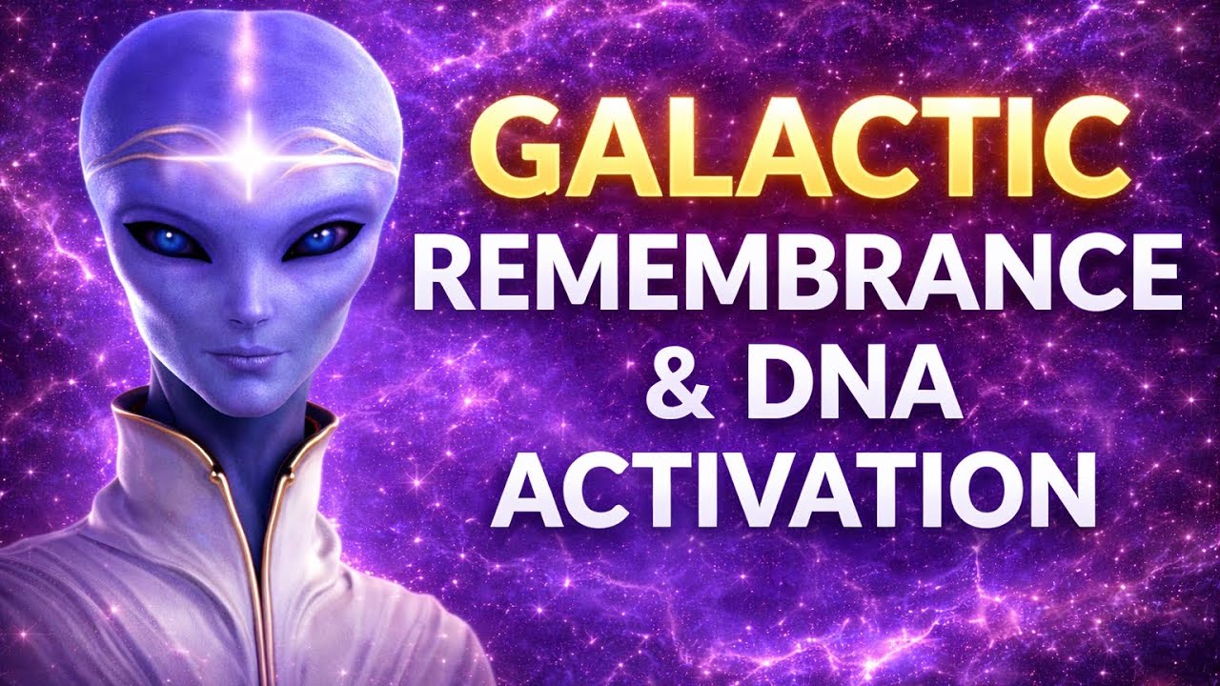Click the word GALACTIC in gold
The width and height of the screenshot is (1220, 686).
click(799, 151)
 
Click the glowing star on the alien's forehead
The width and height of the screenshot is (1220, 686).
click(250, 157)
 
